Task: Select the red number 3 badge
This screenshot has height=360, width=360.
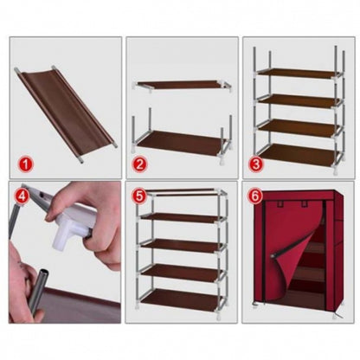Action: (x=257, y=161)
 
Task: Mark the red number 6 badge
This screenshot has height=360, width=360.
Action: (x=257, y=196)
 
